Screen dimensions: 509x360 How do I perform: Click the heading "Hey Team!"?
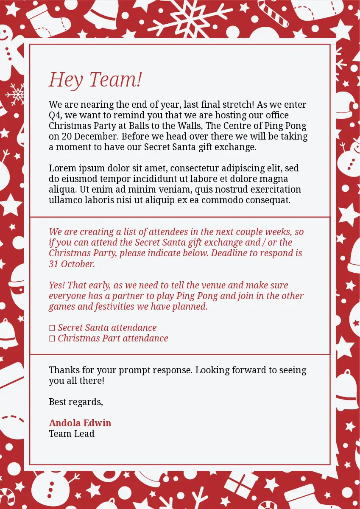click(x=95, y=79)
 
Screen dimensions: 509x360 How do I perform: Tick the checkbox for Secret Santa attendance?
click(x=52, y=328)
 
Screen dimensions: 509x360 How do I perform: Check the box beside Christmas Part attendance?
click(x=52, y=338)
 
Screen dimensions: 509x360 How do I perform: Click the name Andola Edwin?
click(x=80, y=423)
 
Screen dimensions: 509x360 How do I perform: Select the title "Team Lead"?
click(x=72, y=433)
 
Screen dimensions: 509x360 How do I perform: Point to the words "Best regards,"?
click(x=76, y=402)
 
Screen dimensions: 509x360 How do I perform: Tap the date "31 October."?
click(x=72, y=264)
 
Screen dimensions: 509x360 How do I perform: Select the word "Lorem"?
click(x=62, y=168)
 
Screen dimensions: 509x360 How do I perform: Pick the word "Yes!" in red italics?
click(x=57, y=285)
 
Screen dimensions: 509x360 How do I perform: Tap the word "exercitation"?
click(x=276, y=190)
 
